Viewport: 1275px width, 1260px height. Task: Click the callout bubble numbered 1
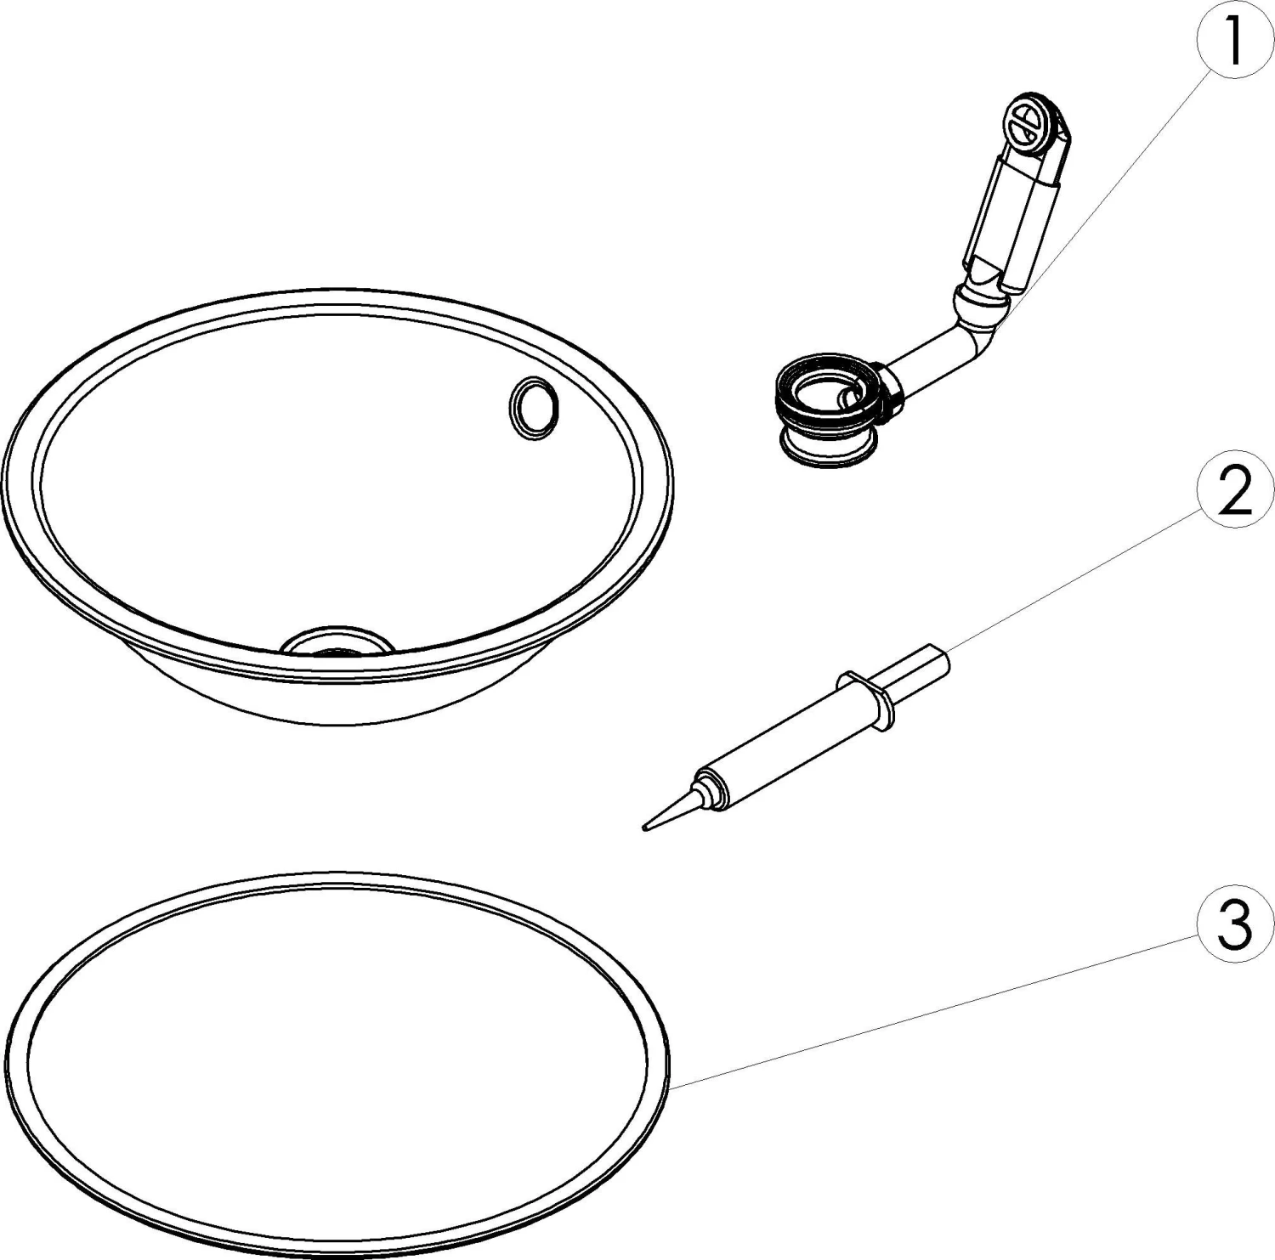(x=1234, y=40)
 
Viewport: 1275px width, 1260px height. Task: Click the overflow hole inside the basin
(x=534, y=409)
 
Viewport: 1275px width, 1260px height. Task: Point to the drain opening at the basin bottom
(x=337, y=642)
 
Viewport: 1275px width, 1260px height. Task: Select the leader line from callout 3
(x=935, y=1008)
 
